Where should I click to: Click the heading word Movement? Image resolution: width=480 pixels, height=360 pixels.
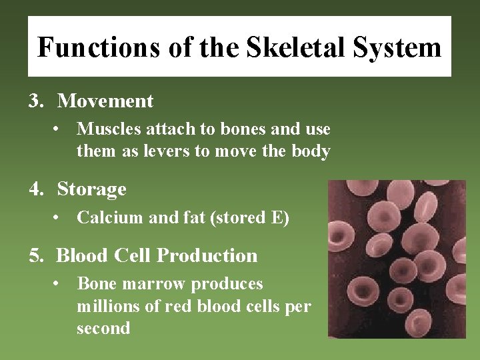click(105, 101)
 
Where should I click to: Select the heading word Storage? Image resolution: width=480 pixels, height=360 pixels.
click(92, 189)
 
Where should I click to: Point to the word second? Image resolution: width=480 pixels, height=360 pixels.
click(103, 328)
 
